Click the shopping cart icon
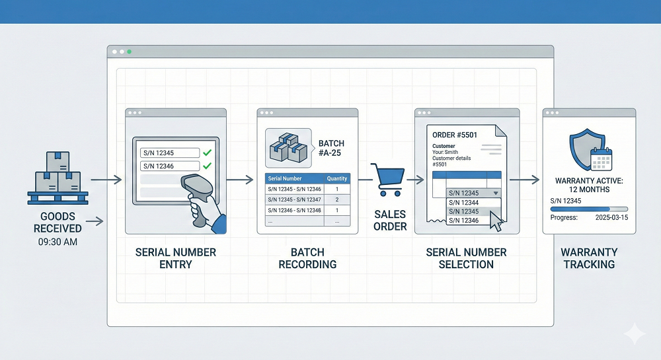[x=387, y=179]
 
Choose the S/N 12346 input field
[x=171, y=166]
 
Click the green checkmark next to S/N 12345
[x=207, y=153]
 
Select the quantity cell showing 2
[x=337, y=199]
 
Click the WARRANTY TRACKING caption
[x=589, y=258]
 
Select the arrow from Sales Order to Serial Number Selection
[x=416, y=179]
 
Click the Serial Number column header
[x=285, y=178]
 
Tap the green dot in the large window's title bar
[x=130, y=52]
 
